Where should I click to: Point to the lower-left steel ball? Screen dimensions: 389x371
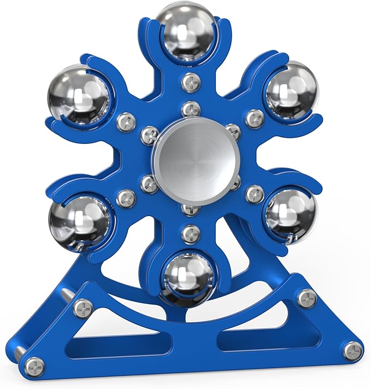79,219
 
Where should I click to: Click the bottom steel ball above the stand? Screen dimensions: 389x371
187,278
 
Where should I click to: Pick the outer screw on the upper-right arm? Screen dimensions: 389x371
255,118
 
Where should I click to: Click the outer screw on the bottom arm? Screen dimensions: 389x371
191,234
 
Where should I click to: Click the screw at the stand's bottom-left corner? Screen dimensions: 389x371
34,367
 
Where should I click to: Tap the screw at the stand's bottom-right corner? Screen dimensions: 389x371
353,351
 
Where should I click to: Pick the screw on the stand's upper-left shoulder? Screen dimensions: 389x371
84,309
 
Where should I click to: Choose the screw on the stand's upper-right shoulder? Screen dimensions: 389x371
307,298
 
